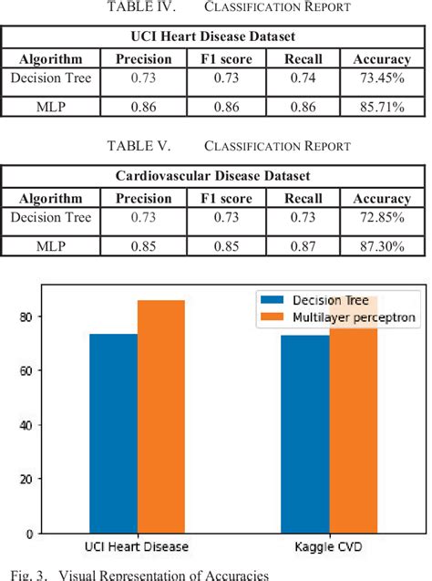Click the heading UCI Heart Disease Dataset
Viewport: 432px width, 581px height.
pos(215,37)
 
